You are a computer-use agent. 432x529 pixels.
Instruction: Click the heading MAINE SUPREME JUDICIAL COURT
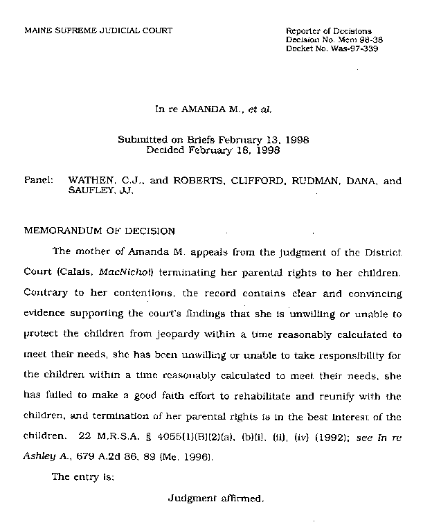[x=98, y=31]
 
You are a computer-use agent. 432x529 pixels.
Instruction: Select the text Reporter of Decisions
[x=329, y=31]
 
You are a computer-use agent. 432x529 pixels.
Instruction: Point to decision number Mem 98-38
[x=359, y=40]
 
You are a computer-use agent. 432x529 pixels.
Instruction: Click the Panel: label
[x=39, y=180]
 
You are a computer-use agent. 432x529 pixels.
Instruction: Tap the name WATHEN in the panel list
[x=91, y=181]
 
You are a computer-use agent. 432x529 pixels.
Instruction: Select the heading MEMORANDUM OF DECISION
[x=100, y=231]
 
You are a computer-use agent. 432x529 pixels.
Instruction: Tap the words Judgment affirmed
[x=216, y=498]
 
